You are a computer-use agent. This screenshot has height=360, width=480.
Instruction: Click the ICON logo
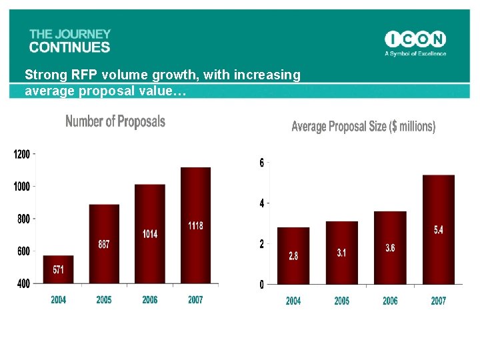click(x=415, y=39)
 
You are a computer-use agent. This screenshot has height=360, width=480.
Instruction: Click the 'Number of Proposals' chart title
click(x=115, y=121)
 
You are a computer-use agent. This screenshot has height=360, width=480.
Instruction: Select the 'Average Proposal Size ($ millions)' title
click(x=363, y=126)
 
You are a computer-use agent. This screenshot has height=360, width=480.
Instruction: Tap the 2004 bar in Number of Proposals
click(x=58, y=269)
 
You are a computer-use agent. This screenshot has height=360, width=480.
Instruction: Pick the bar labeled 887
click(x=104, y=244)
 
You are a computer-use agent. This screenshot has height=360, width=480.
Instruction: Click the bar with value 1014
click(x=150, y=234)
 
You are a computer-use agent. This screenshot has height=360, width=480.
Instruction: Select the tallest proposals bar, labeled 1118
click(x=195, y=225)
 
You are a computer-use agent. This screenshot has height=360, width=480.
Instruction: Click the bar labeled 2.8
click(x=293, y=256)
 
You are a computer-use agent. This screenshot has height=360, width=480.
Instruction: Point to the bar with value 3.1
click(x=341, y=253)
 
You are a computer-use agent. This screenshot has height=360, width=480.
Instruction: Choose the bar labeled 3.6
click(x=390, y=247)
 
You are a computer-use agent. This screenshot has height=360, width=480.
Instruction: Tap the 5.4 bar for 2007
click(x=438, y=229)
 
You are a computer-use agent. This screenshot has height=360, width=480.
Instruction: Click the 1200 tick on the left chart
click(x=22, y=154)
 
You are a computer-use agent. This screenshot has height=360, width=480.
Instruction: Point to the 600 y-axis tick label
click(x=23, y=251)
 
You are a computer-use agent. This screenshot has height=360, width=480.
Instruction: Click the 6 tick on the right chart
click(x=262, y=163)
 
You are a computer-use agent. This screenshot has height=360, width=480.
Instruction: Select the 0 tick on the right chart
click(x=262, y=285)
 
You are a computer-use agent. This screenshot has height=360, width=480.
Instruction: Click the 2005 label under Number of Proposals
click(x=104, y=300)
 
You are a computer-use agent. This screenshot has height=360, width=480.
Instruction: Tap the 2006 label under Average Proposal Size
click(x=390, y=301)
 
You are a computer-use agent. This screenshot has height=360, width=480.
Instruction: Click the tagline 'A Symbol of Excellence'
click(x=415, y=54)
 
